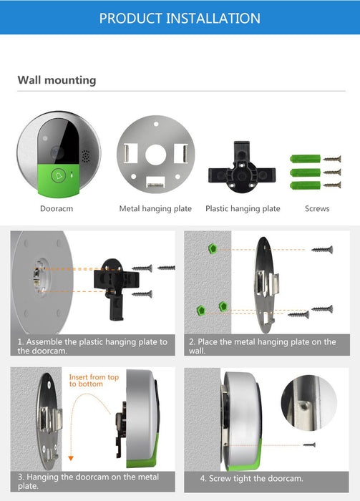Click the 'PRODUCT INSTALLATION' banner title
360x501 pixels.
point(180,18)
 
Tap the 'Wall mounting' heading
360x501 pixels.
point(57,80)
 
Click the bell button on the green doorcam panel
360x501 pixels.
point(59,176)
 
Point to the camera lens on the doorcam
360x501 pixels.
point(57,152)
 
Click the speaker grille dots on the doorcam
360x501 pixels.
point(86,156)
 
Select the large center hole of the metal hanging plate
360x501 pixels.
point(155,155)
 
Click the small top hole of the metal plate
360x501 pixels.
point(156,124)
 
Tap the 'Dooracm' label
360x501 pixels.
point(57,209)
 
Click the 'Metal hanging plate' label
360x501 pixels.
point(155,209)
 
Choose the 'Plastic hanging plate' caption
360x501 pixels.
point(243,209)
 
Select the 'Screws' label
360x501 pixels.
point(317,209)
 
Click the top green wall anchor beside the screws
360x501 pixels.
point(305,158)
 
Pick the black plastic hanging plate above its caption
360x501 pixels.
point(242,167)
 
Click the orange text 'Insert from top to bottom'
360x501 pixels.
point(94,380)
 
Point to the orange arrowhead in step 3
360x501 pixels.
point(71,458)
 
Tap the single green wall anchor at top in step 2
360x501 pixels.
point(213,248)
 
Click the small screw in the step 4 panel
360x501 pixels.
point(309,444)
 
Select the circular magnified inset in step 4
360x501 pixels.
point(309,403)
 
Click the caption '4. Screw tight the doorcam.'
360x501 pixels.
point(251,478)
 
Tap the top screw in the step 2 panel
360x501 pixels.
point(322,250)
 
